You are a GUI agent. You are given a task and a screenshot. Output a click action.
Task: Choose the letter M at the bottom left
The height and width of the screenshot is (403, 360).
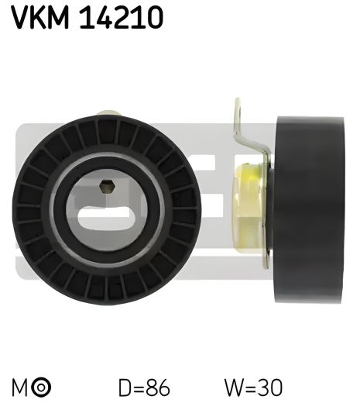pyautogui.click(x=19, y=386)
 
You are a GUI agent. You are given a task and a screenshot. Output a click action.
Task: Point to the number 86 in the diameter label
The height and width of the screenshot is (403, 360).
pyautogui.click(x=158, y=386)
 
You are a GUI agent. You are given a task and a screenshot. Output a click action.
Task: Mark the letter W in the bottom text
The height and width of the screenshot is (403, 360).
pyautogui.click(x=231, y=386)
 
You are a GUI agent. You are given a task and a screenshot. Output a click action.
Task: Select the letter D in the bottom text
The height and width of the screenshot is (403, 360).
pyautogui.click(x=123, y=386)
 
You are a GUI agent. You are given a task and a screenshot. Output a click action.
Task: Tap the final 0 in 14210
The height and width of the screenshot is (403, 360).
pyautogui.click(x=153, y=17)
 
